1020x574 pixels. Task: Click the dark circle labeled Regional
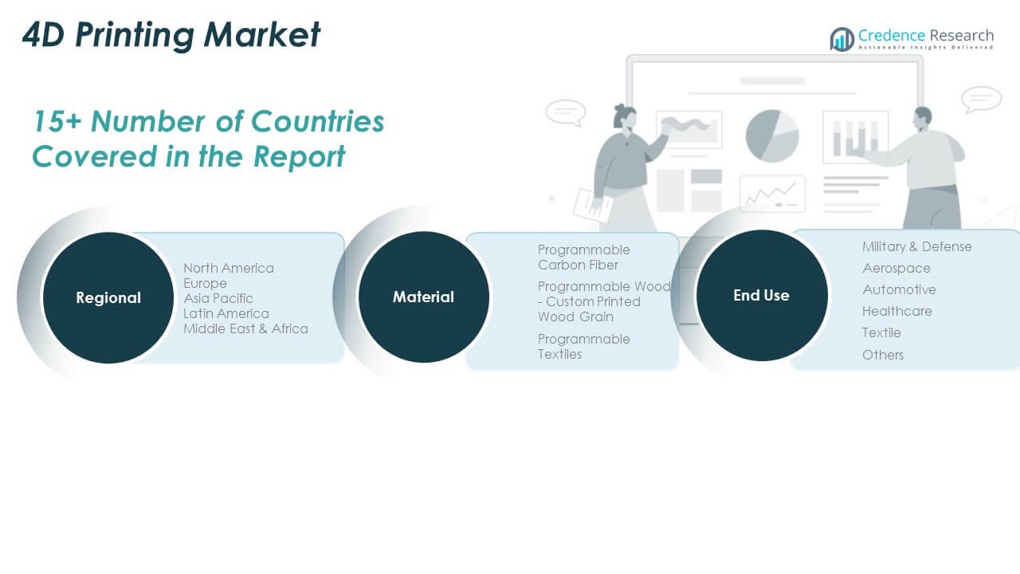[108, 297]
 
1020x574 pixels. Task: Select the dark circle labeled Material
[423, 297]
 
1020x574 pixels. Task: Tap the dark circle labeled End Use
[761, 295]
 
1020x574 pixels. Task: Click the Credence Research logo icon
[841, 39]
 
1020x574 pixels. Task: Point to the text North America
[229, 268]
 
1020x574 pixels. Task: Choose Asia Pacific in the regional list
[218, 298]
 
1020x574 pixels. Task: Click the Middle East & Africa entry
[245, 328]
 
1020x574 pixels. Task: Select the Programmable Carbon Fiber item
[584, 258]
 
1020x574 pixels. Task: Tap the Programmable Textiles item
[584, 347]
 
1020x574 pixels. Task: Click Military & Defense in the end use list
[917, 246]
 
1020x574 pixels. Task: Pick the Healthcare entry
[897, 311]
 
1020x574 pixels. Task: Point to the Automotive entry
[900, 289]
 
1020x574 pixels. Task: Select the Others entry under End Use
[883, 355]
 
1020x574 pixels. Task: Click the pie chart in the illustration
[772, 136]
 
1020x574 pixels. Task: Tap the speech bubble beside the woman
[566, 112]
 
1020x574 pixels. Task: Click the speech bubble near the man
[981, 100]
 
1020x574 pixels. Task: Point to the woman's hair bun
[620, 110]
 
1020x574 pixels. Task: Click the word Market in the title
[262, 34]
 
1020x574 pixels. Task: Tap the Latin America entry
[226, 313]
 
